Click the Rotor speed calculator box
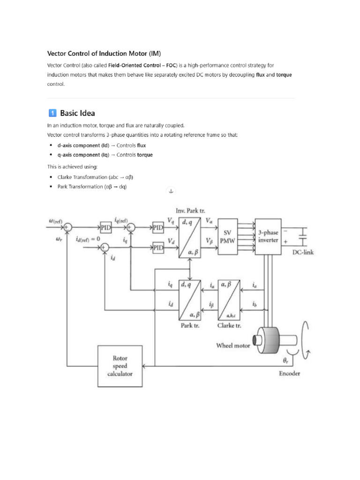click(x=120, y=366)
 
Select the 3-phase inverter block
click(x=268, y=236)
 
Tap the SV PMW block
click(x=227, y=236)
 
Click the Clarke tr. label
click(x=229, y=325)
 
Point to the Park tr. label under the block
click(x=190, y=325)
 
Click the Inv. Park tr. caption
click(x=190, y=210)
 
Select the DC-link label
click(x=303, y=252)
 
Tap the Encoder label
click(x=289, y=373)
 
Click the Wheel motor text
click(x=233, y=345)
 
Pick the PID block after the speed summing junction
click(x=106, y=227)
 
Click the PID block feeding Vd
click(x=158, y=247)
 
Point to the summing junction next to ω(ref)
click(x=67, y=227)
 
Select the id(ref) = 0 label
click(x=88, y=239)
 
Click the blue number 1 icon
click(x=52, y=113)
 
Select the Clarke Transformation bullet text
click(x=95, y=177)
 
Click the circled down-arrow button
click(x=171, y=191)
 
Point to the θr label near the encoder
click(x=285, y=360)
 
